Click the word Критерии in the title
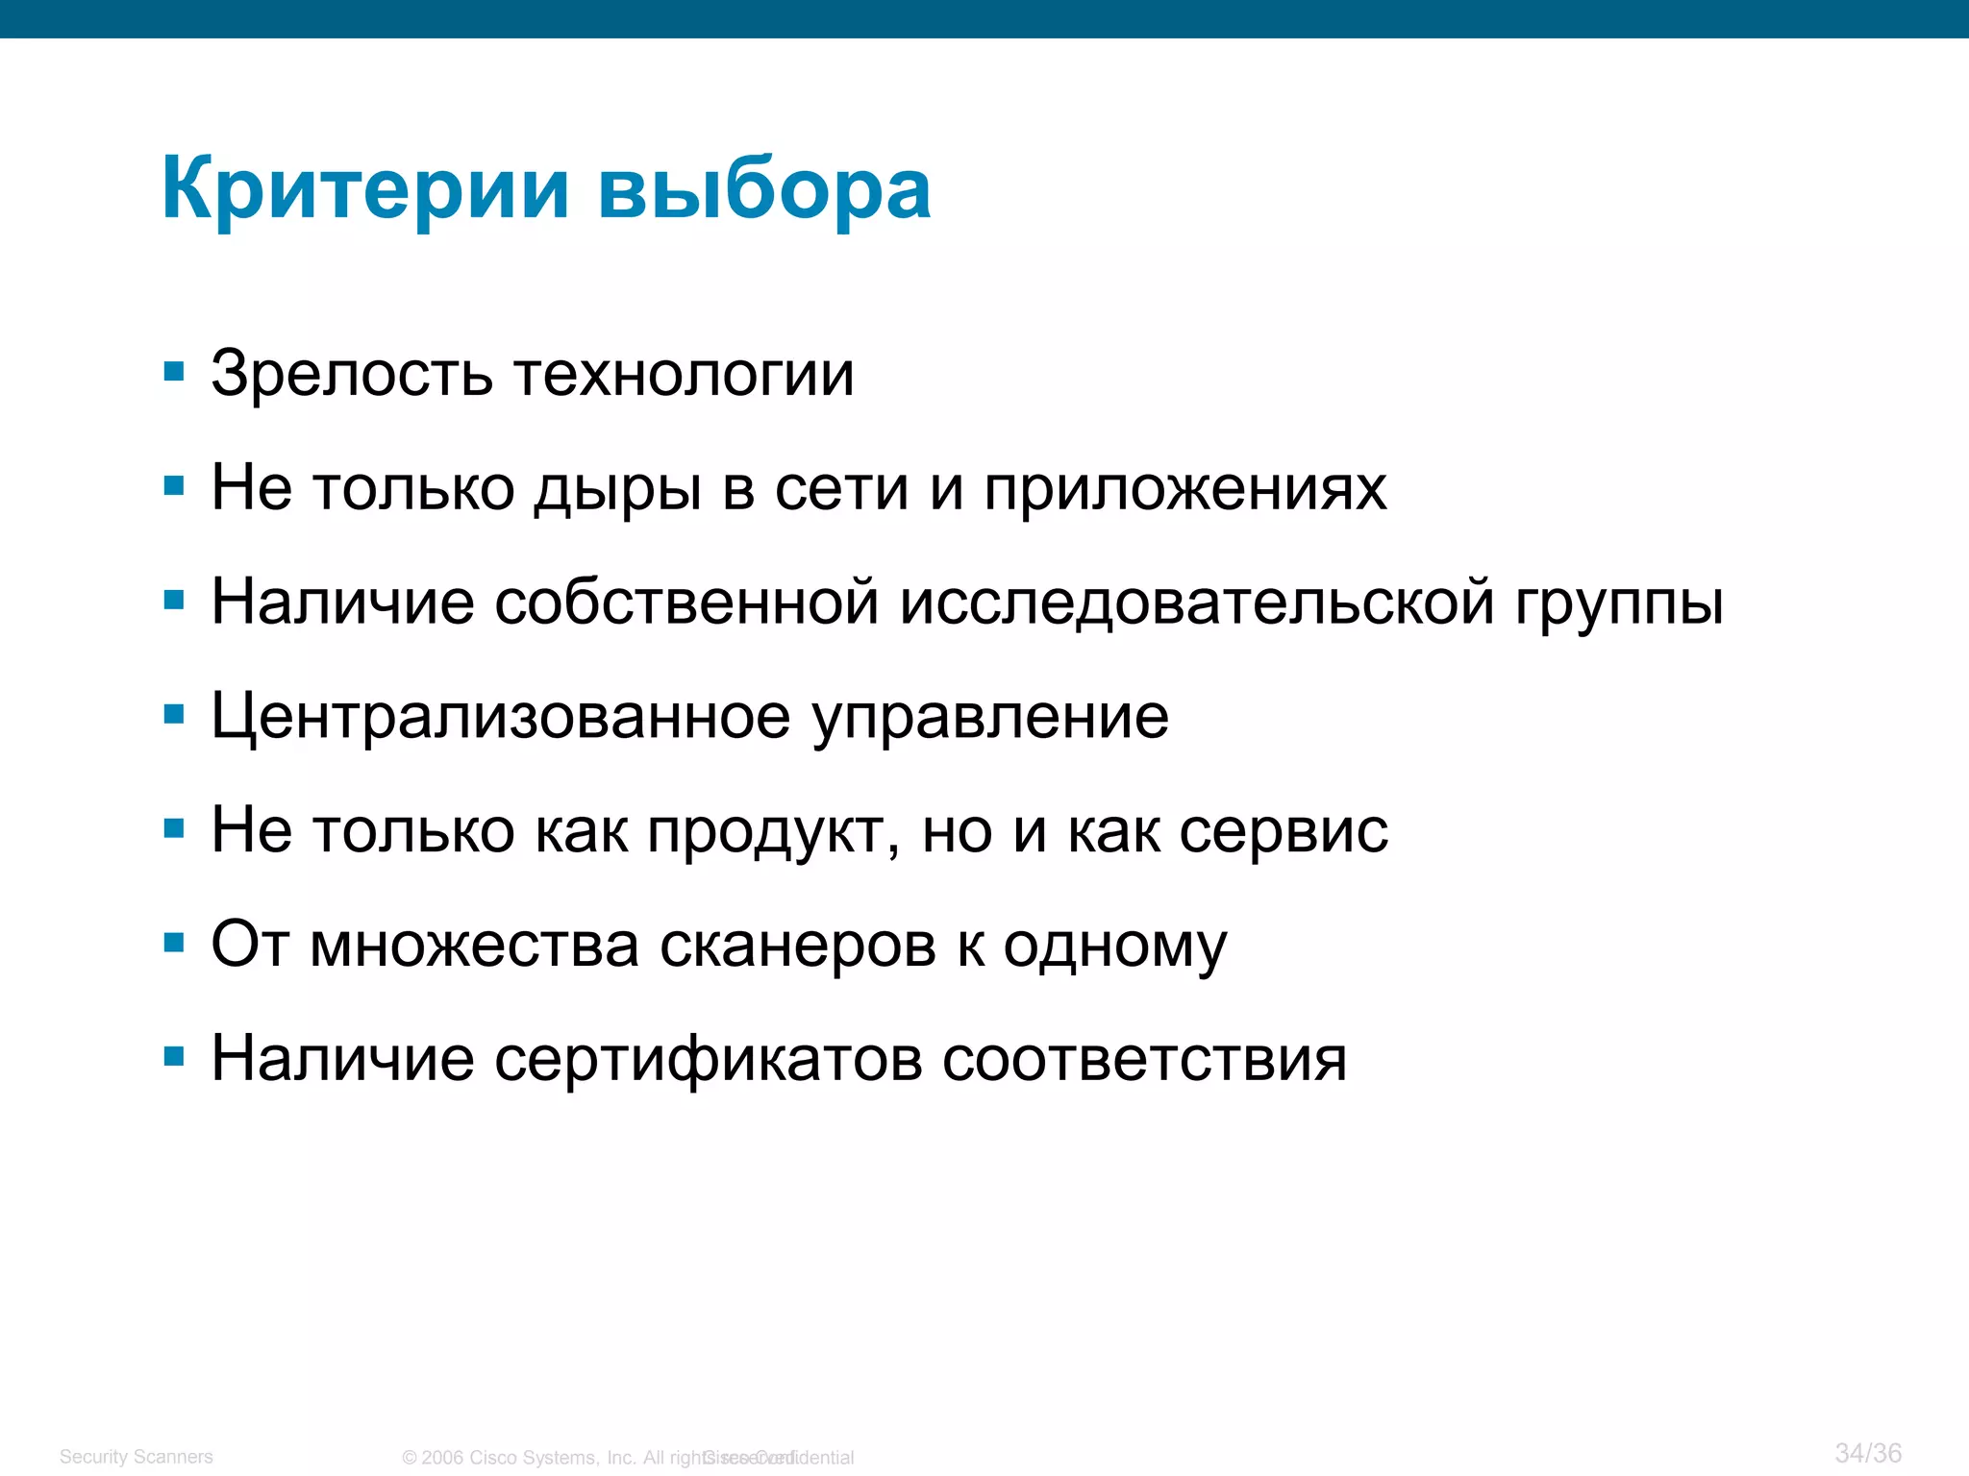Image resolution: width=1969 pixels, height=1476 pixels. pos(365,189)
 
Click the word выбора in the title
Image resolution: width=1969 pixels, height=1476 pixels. pos(764,189)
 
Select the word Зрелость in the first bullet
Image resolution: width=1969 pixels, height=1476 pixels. pos(352,374)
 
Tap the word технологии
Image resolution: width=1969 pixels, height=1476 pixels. pos(684,374)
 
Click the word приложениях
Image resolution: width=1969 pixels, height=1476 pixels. pos(1184,488)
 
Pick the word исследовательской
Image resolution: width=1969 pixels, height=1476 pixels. pos(1197,603)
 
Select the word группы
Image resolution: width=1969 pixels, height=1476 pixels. pos(1620,603)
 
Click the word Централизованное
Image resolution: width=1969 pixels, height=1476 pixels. pos(500,717)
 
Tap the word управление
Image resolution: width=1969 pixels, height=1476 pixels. pos(990,717)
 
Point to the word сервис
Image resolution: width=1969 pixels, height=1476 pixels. pos(1284,831)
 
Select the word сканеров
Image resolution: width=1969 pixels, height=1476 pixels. pos(797,946)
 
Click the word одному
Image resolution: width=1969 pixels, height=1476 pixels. pos(1115,946)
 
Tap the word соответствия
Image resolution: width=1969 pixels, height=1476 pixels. pos(1144,1059)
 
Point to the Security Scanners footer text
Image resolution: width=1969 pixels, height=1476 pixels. pos(136,1457)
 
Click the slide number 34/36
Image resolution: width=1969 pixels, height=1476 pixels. pos(1867,1453)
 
